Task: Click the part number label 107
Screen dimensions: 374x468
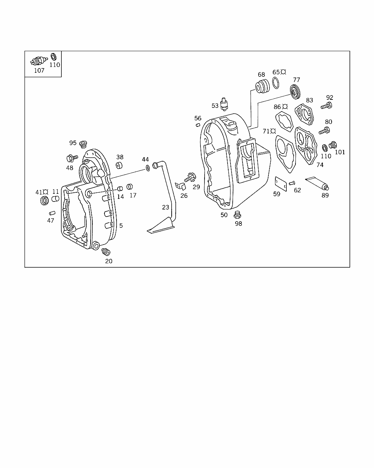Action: (x=39, y=71)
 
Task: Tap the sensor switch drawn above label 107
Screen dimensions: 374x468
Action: (x=39, y=61)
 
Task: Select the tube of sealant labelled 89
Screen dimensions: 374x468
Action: (x=317, y=183)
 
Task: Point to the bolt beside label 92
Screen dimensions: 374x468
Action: (x=327, y=106)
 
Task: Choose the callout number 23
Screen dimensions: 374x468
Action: (x=165, y=207)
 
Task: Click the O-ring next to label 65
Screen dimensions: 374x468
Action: (x=276, y=83)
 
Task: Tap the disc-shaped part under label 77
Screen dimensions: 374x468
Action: (x=295, y=92)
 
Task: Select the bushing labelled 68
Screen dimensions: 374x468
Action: (x=263, y=87)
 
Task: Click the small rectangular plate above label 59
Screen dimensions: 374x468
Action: (x=281, y=184)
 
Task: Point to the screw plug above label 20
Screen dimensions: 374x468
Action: (x=106, y=252)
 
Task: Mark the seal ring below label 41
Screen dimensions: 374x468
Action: (x=45, y=200)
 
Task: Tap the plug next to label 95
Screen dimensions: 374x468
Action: (x=83, y=144)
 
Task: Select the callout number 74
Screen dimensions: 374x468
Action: (x=320, y=165)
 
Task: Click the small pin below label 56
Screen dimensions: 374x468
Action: (x=198, y=125)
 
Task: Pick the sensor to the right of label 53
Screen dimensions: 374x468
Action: (x=224, y=104)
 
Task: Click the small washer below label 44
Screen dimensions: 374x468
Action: (x=148, y=168)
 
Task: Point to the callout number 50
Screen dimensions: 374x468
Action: (x=224, y=215)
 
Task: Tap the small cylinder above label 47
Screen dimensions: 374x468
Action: (x=52, y=213)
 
